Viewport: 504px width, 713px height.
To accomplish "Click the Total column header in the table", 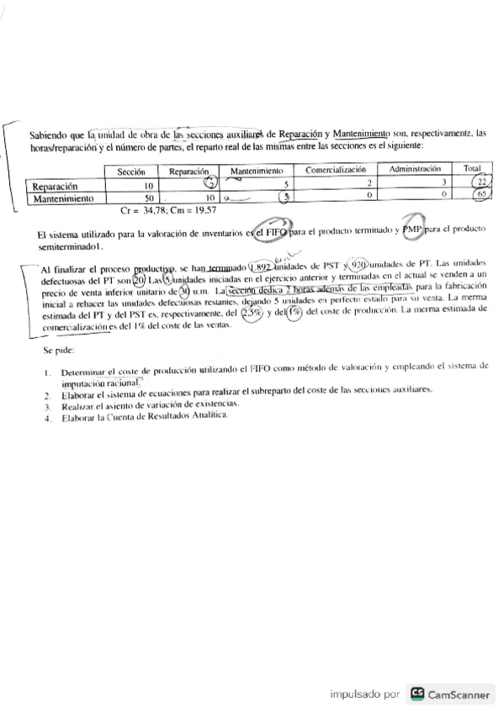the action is pos(473,169).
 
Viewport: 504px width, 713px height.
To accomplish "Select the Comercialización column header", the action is pos(335,170).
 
